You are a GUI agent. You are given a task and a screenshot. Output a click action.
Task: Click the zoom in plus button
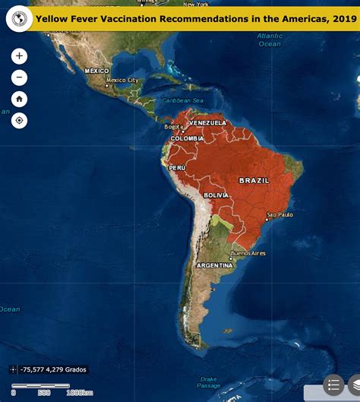(19, 56)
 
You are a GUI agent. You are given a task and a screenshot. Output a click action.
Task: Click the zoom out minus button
(19, 78)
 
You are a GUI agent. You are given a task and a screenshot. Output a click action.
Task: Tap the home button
(19, 99)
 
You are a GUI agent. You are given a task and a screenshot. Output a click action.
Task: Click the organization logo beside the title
(19, 18)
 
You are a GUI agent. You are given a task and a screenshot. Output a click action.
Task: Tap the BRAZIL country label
(253, 180)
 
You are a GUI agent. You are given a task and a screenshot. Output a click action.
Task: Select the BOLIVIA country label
(216, 195)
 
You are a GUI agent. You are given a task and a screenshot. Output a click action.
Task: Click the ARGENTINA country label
(214, 265)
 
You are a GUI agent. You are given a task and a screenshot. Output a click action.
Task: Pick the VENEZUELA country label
(208, 122)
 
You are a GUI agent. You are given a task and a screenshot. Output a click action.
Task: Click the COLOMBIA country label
(187, 138)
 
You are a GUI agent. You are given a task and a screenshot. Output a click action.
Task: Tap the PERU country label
(177, 167)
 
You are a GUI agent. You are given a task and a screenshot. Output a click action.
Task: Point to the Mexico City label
(122, 80)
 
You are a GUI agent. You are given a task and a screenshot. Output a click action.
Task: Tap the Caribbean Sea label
(182, 100)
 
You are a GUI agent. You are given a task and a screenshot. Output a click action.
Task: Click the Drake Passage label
(209, 382)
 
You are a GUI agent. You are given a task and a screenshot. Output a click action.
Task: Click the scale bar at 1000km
(79, 392)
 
